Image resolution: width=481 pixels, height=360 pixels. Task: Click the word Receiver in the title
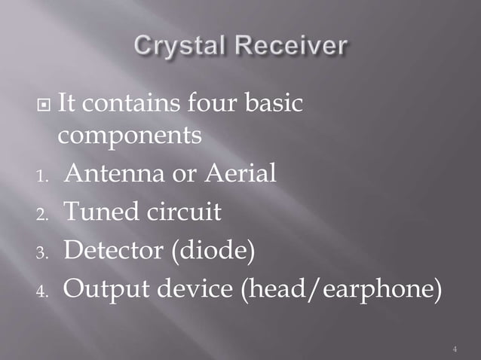290,47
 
